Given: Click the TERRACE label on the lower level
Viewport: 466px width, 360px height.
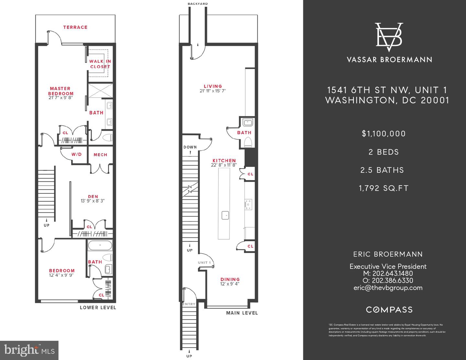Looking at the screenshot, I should pyautogui.click(x=75, y=27).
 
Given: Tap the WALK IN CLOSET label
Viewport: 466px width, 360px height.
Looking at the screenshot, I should pyautogui.click(x=100, y=64).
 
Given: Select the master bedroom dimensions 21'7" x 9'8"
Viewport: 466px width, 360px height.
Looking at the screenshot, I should pyautogui.click(x=60, y=97).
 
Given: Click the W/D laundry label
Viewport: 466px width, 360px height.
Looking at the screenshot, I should pyautogui.click(x=76, y=154).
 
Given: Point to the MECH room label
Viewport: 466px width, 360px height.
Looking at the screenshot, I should pyautogui.click(x=100, y=155).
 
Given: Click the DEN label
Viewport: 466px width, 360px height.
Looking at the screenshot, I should pyautogui.click(x=93, y=196).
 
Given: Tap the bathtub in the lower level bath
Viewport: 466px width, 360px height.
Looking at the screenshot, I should pyautogui.click(x=100, y=245).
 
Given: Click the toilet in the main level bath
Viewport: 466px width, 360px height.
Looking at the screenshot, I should pyautogui.click(x=248, y=142).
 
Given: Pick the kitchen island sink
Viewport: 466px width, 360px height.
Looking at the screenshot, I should pyautogui.click(x=225, y=215).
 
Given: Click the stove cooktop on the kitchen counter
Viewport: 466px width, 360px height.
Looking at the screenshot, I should pyautogui.click(x=248, y=204).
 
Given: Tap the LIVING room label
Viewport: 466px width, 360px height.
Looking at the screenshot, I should pyautogui.click(x=213, y=86).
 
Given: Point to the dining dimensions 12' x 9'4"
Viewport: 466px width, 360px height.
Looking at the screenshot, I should pyautogui.click(x=230, y=284).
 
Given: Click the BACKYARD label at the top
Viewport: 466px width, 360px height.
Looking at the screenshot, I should pyautogui.click(x=197, y=4).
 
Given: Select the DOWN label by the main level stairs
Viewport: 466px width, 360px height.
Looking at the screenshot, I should pyautogui.click(x=190, y=147).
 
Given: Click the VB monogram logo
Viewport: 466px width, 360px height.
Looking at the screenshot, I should pyautogui.click(x=389, y=37).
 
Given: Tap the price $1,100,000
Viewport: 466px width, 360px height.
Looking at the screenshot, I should pyautogui.click(x=384, y=134).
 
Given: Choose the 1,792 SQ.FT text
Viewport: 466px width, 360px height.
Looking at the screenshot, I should pyautogui.click(x=384, y=188).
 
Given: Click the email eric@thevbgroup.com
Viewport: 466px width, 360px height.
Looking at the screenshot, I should pyautogui.click(x=388, y=288).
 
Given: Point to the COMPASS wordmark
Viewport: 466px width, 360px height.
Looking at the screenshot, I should pyautogui.click(x=389, y=310).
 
